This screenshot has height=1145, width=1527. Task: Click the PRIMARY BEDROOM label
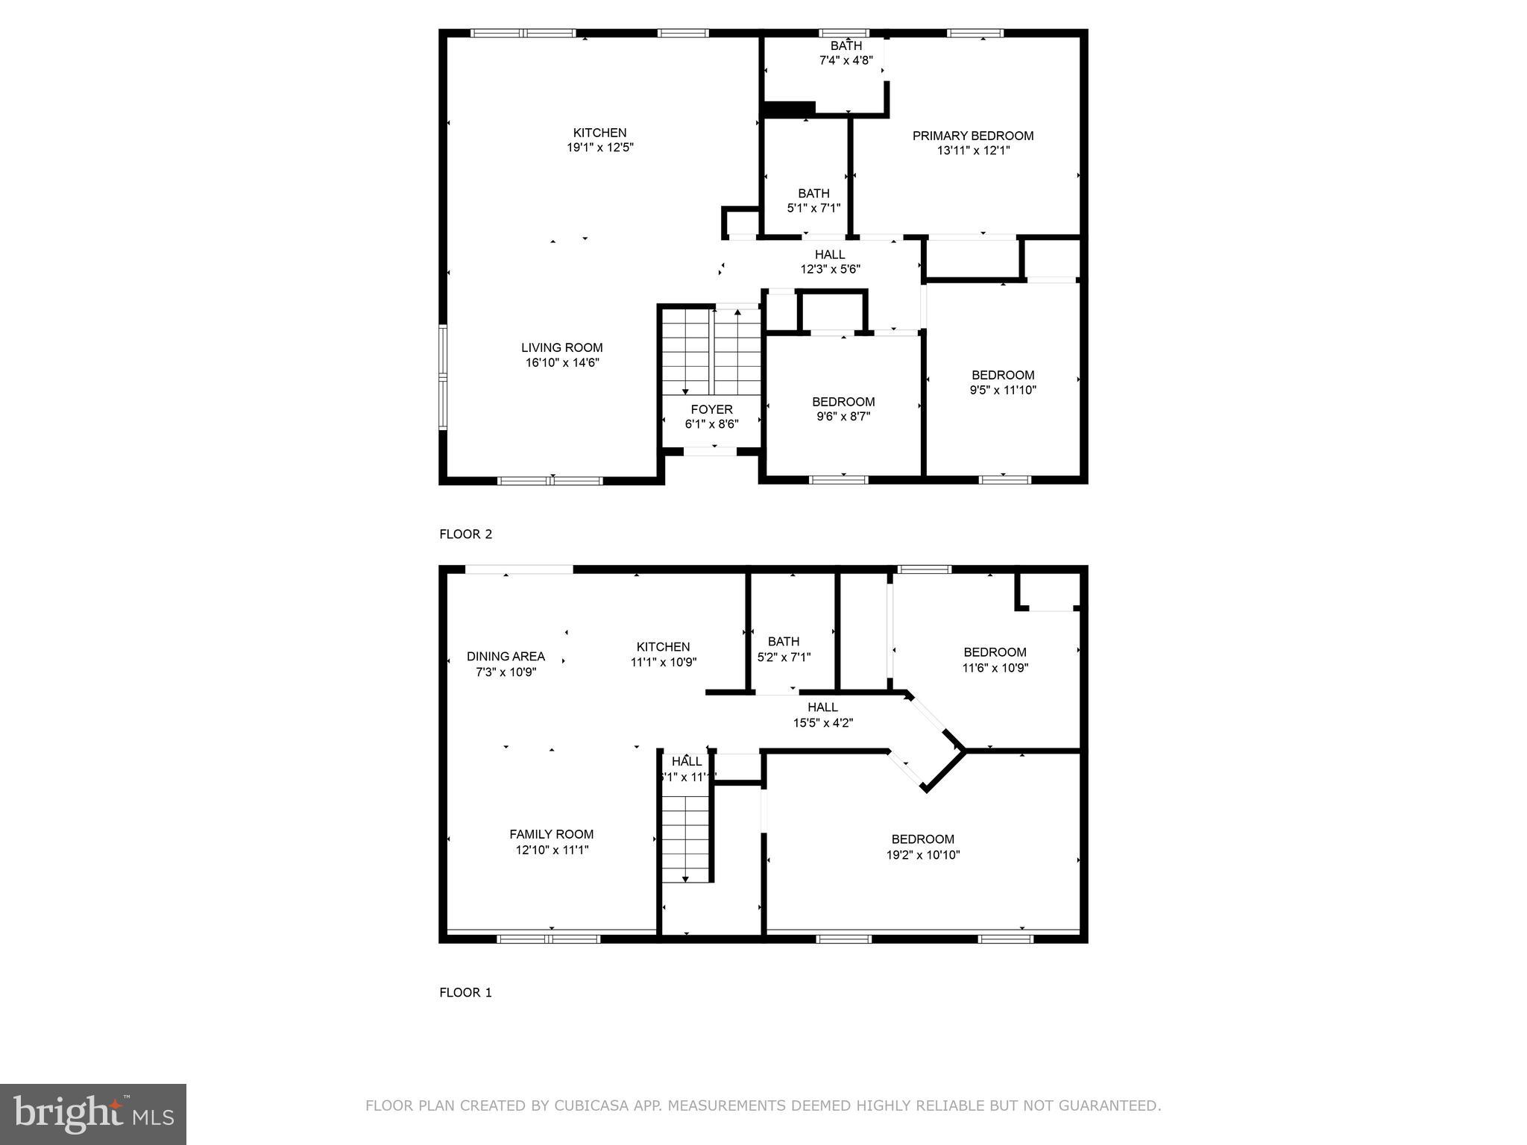point(973,136)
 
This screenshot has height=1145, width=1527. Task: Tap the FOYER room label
point(711,409)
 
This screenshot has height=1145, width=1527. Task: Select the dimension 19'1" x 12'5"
point(599,148)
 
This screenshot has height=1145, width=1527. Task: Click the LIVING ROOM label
point(561,347)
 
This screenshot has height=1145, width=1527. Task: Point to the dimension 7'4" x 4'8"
point(846,60)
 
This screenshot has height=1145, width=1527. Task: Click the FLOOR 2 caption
point(465,534)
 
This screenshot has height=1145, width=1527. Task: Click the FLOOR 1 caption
point(465,992)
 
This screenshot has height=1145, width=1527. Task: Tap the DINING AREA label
point(506,657)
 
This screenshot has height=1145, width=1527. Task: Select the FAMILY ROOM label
point(551,834)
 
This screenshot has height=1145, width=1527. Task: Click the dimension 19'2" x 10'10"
point(922,855)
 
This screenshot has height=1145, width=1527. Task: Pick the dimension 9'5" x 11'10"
point(1002,390)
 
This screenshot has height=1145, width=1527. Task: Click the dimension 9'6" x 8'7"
point(843,417)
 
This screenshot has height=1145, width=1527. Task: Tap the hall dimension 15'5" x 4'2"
point(822,722)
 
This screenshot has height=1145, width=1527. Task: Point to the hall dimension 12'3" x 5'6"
point(830,269)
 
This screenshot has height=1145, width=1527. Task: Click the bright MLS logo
point(93,1114)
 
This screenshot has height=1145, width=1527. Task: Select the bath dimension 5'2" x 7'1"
point(784,657)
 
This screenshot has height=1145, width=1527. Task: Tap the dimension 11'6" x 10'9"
point(995,668)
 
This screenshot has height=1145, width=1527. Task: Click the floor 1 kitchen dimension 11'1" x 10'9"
point(663,662)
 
